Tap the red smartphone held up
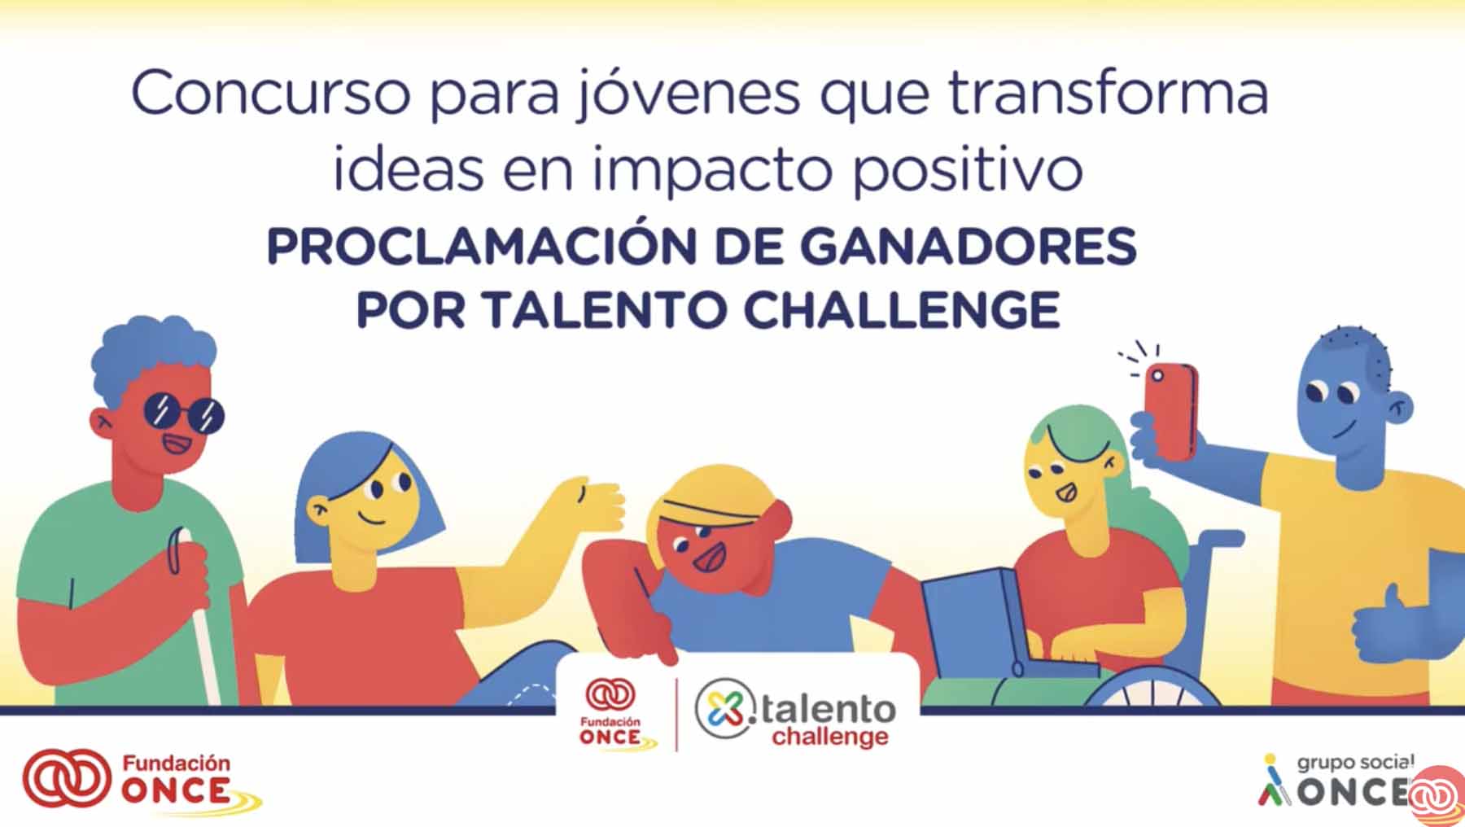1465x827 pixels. pos(1170,411)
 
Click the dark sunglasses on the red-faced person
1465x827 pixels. pos(183,413)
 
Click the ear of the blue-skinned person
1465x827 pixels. pos(1399,408)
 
